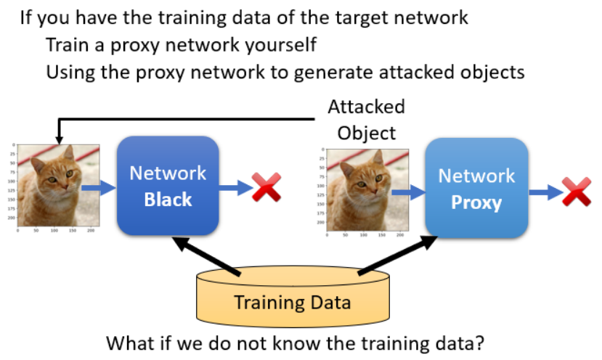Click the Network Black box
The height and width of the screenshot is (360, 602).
click(168, 186)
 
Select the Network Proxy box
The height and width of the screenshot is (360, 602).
click(476, 189)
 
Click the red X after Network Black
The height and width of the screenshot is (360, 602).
click(266, 188)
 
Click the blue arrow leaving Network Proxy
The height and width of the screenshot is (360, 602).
click(544, 192)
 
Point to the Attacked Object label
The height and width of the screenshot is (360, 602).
click(366, 120)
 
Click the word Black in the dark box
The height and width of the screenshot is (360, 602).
click(168, 199)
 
